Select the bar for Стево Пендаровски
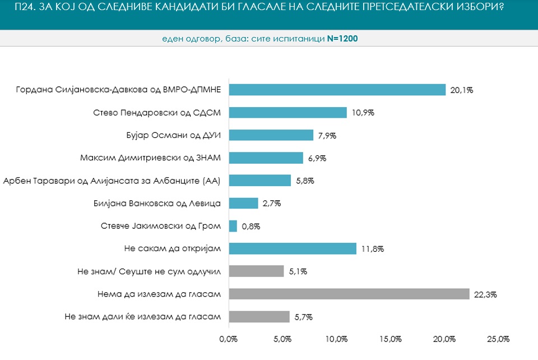[x=287, y=113]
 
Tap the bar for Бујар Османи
[x=271, y=135]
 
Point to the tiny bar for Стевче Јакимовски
[x=233, y=226]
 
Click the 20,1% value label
[x=462, y=90]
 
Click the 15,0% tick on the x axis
[x=391, y=339]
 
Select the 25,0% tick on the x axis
[x=498, y=339]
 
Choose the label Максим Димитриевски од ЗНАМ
[x=151, y=158]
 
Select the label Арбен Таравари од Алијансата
[x=113, y=181]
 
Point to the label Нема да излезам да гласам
[x=160, y=294]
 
